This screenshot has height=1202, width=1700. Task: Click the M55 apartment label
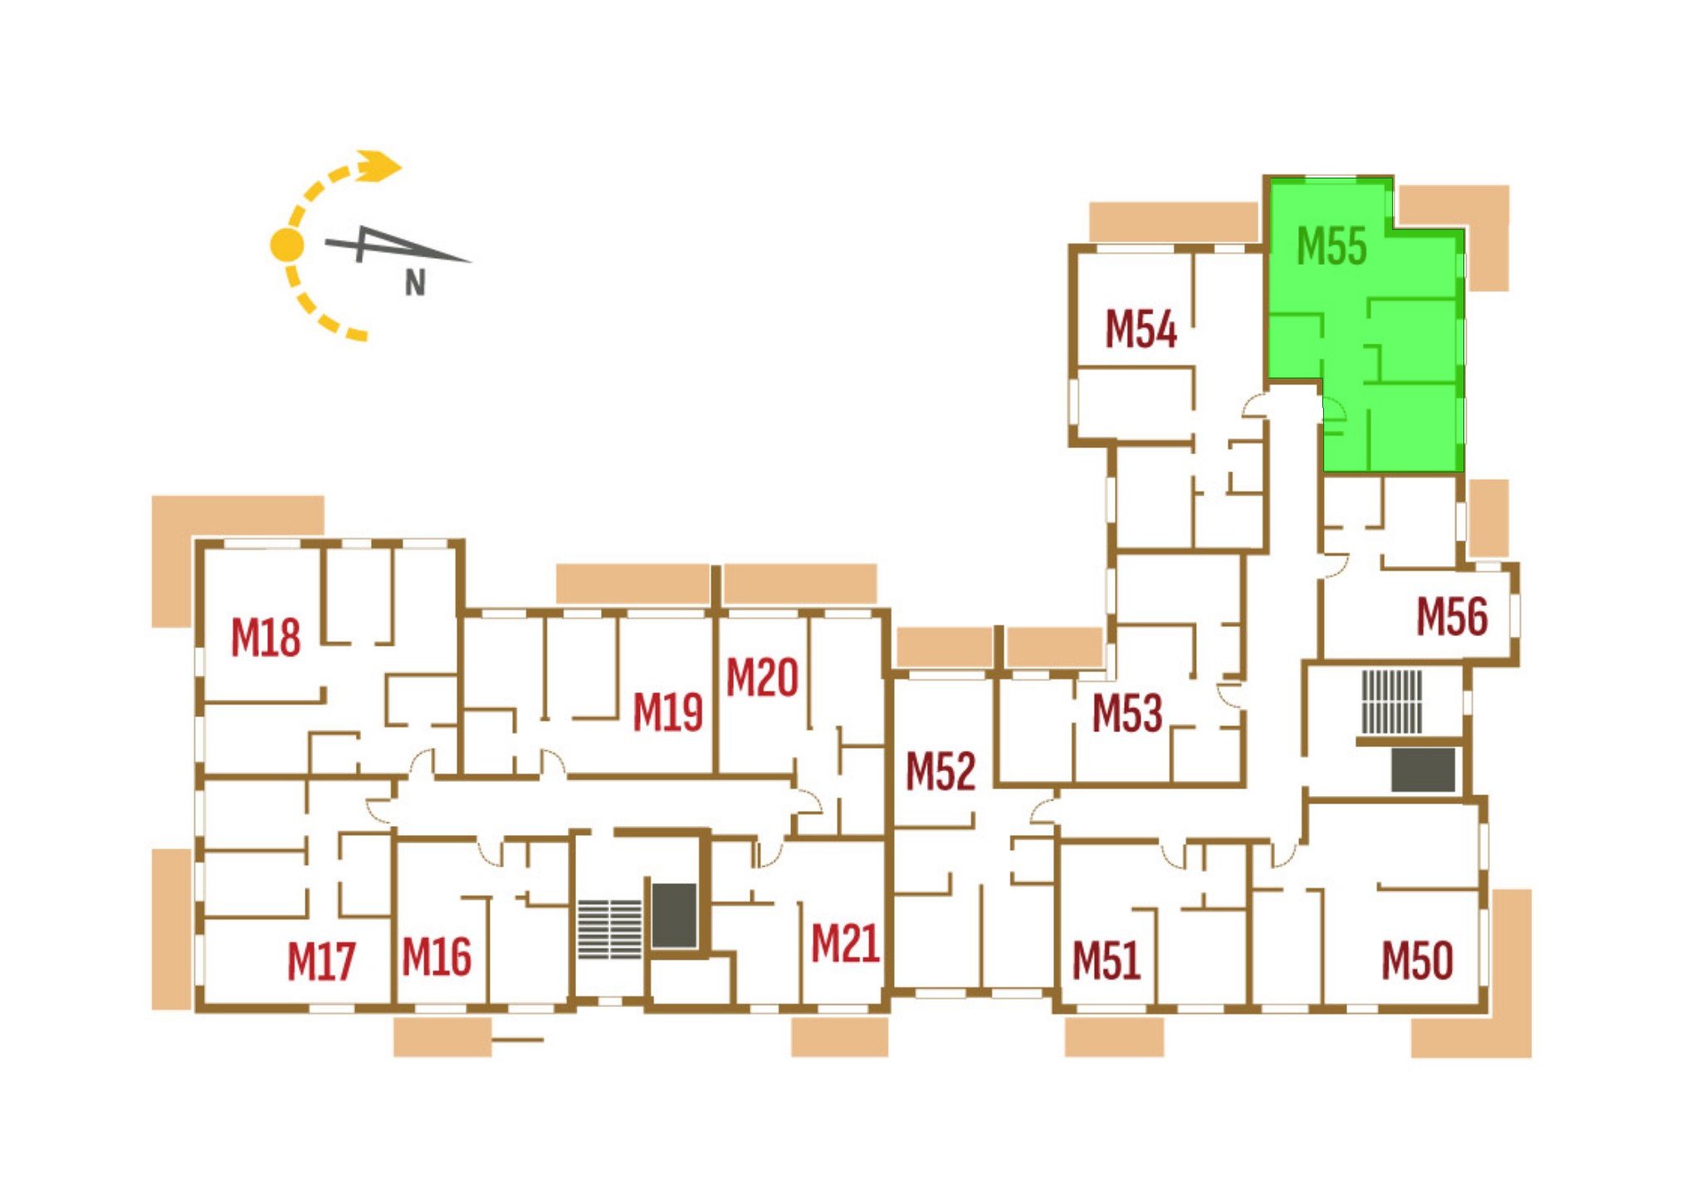[x=1331, y=247]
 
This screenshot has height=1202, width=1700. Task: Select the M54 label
[x=1141, y=329]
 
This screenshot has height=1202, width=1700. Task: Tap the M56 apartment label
[x=1452, y=617]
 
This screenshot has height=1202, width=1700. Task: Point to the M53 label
[x=1127, y=713]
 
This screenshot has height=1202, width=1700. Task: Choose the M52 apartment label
[x=940, y=771]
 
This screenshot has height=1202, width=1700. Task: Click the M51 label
[x=1106, y=960]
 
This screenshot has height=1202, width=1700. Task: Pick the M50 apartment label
[x=1417, y=960]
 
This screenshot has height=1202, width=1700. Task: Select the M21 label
[x=845, y=944]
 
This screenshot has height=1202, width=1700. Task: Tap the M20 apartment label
[x=762, y=677]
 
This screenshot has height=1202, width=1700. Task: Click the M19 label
[x=667, y=712]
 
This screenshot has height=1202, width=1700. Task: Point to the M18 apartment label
[x=265, y=638]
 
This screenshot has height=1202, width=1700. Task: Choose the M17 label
[x=321, y=961]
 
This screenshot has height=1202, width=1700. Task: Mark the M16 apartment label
[x=437, y=956]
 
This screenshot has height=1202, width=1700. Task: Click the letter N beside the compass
[x=415, y=284]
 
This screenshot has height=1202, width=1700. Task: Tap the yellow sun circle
[x=287, y=244]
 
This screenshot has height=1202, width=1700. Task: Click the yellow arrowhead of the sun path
[x=379, y=165]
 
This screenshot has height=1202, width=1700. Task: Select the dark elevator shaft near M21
[x=674, y=916]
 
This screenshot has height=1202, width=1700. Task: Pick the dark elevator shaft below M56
[x=1423, y=770]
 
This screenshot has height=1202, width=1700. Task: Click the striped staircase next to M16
[x=610, y=929]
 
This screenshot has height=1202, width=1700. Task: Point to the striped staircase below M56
[x=1392, y=702]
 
